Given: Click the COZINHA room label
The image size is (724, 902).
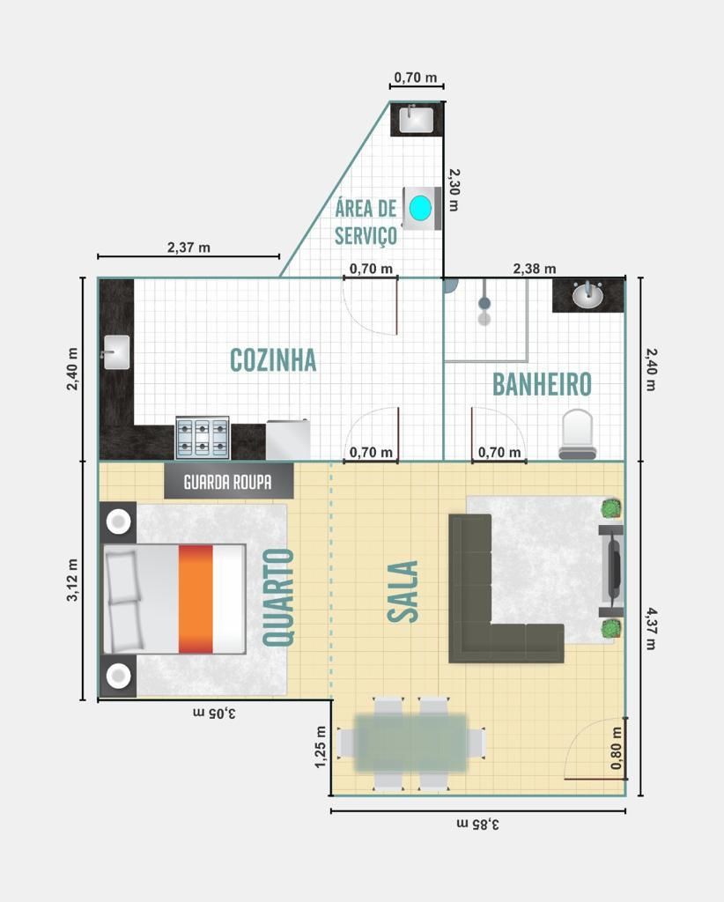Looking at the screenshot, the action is coord(273,360).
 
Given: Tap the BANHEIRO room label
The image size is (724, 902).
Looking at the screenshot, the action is coord(542,384).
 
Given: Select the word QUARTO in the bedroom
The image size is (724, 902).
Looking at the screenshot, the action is coord(279,597).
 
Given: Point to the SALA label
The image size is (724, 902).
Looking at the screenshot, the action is coord(403,591).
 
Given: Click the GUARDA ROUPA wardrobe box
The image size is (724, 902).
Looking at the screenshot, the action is coord(229,481).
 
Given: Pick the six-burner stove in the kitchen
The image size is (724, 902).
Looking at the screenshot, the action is coord(203,438).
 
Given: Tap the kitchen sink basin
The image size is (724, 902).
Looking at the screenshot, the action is coord(117,351).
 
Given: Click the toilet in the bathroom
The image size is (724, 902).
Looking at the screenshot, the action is coord(578,434).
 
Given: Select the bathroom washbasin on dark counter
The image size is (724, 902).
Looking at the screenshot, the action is coord(587,296).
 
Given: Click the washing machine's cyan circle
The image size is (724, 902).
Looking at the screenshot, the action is coord(420,208).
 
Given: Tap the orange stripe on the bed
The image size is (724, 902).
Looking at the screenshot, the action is coord(196,599).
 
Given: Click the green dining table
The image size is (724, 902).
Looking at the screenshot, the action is coord(410,743).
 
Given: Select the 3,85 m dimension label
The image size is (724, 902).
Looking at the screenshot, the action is coord(478,824).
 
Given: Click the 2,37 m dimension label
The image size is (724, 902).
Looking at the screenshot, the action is coord(188,248).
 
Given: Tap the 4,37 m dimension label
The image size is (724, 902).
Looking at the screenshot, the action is coord(650,628).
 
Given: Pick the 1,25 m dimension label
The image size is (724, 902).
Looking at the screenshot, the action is coord(321,747).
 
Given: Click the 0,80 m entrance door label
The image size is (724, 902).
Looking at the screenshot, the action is coord(617,748).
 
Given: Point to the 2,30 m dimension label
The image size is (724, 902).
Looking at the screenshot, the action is coord(454,190).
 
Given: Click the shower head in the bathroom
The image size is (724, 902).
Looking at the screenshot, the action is coord(484,303).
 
